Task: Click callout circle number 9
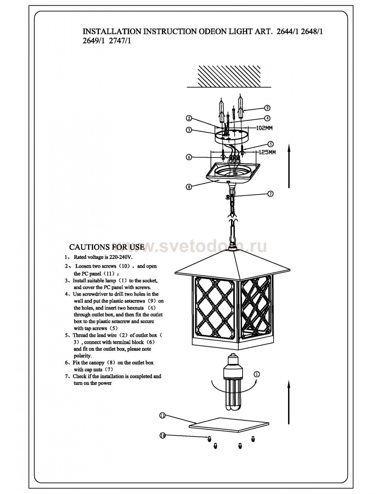pos(267,108)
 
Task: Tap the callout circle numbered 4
pos(267,118)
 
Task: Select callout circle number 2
pos(189,118)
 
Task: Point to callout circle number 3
pos(189,130)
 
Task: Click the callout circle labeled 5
pos(271,144)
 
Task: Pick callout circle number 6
pos(189,157)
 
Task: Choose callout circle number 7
pos(270,194)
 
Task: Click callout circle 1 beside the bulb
pos(257,374)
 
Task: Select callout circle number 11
pos(162,416)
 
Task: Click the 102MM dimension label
pos(264,128)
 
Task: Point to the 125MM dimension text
pos(267,152)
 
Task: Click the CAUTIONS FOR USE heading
pos(107,247)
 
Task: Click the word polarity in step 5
pos(82,356)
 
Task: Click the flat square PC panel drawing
pos(229,425)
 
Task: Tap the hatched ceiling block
pos(229,76)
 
